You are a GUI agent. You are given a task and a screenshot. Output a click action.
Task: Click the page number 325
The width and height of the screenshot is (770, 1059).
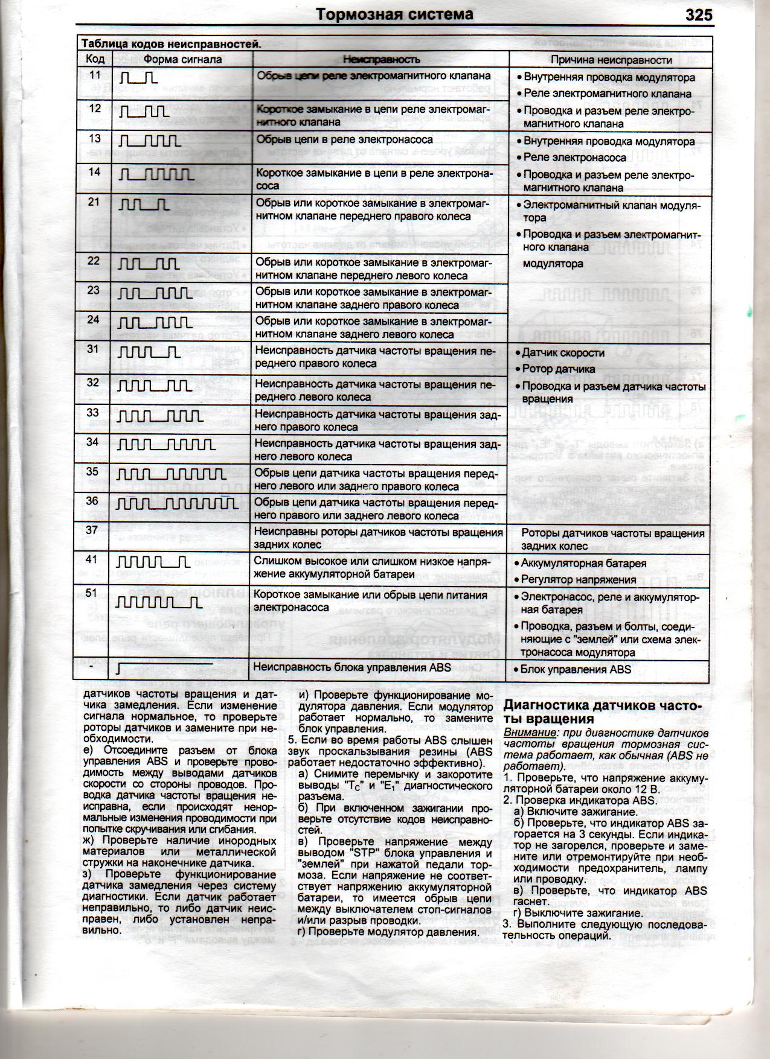click(699, 14)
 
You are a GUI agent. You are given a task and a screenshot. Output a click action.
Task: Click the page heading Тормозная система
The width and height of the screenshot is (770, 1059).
click(396, 14)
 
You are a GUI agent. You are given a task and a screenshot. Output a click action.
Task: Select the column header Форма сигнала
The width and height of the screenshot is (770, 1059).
click(182, 60)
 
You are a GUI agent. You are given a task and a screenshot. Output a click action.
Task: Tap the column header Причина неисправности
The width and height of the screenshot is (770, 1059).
click(611, 60)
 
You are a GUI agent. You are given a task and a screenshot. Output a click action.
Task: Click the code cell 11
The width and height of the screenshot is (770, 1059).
click(95, 75)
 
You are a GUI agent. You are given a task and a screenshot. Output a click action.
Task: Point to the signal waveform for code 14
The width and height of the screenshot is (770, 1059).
click(156, 174)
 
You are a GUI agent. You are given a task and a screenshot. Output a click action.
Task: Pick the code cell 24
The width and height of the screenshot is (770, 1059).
click(93, 319)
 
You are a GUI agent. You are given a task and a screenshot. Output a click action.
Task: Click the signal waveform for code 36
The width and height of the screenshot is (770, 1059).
click(176, 503)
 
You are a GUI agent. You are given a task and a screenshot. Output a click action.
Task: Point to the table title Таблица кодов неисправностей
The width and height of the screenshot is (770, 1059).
click(171, 43)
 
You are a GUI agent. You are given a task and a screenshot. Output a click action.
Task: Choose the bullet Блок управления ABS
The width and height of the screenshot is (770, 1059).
click(576, 669)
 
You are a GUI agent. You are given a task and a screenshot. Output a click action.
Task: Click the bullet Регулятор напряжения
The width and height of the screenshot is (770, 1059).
click(579, 579)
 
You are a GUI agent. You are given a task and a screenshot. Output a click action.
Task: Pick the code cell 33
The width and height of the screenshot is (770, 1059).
click(92, 413)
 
